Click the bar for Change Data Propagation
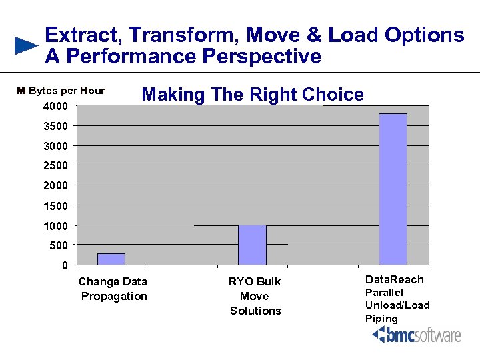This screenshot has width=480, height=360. [x=111, y=259]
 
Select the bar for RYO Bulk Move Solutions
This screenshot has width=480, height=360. [x=252, y=245]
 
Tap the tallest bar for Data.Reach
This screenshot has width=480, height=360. [x=393, y=189]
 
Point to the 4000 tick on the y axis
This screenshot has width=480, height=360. [x=56, y=106]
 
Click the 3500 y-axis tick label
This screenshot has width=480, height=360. [x=56, y=126]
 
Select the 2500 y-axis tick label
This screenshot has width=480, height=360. [x=56, y=165]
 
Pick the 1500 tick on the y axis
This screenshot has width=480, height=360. [x=56, y=205]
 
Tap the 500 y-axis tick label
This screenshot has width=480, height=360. [x=59, y=245]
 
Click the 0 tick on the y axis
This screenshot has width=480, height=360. [x=64, y=265]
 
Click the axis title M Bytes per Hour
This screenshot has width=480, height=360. [x=61, y=91]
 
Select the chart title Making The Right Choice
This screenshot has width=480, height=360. [x=253, y=95]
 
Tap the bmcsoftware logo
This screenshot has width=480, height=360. [x=417, y=334]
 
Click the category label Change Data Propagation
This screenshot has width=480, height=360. [x=113, y=289]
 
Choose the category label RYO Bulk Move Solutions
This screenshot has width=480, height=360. [x=255, y=296]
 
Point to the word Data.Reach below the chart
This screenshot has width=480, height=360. [x=394, y=279]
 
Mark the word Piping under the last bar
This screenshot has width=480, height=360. [x=381, y=318]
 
